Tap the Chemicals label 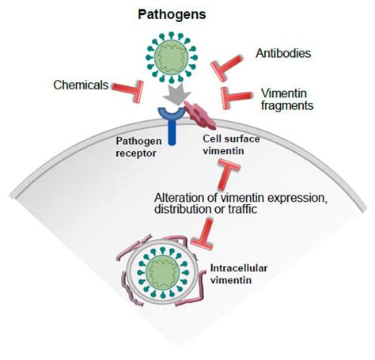click(80, 84)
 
